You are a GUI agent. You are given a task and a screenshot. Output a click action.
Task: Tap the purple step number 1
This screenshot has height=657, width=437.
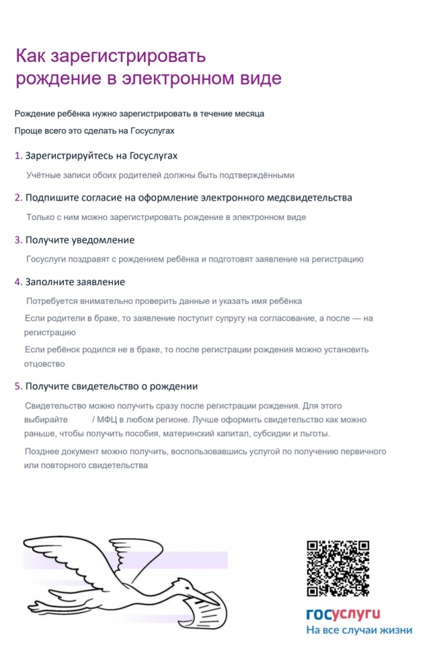18,156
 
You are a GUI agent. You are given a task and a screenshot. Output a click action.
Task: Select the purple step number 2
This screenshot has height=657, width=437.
18,198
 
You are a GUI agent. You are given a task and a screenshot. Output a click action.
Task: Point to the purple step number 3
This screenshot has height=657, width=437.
18,240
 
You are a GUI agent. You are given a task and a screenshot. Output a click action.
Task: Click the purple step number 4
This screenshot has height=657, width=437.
18,282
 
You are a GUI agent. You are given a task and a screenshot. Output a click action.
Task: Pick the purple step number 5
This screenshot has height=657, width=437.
18,387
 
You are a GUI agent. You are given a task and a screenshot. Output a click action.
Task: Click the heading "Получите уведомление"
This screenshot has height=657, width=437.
80,240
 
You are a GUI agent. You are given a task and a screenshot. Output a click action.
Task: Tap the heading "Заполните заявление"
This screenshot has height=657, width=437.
75,282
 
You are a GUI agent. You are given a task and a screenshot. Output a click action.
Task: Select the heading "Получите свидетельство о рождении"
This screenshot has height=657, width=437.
111,387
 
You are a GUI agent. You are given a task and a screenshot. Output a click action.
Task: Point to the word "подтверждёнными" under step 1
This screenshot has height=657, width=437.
259,175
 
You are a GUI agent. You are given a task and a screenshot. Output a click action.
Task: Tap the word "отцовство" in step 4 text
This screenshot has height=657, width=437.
44,364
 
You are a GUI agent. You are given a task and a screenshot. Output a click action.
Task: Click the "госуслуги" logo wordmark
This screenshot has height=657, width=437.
343,613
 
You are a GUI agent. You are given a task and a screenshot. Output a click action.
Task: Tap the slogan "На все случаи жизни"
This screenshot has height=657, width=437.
359,631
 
